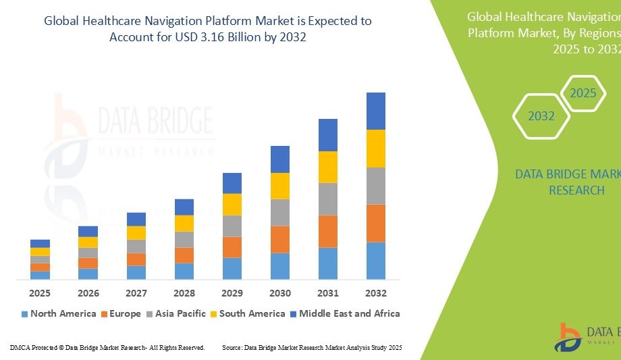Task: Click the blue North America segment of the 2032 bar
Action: [376, 261]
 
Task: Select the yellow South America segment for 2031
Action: [328, 167]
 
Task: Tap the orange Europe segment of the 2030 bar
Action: [280, 239]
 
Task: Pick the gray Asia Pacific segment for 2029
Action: [232, 226]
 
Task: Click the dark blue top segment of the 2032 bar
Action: [376, 111]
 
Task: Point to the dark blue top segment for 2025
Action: [40, 243]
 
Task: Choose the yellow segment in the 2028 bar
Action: [184, 223]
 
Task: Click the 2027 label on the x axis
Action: [136, 293]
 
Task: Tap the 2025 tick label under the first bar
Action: [40, 293]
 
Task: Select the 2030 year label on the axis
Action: [280, 293]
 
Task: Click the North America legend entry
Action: [59, 313]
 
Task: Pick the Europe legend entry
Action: [122, 313]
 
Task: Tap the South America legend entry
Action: [247, 313]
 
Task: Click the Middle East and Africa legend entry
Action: [344, 313]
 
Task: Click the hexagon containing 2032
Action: [541, 116]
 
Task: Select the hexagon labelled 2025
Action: [583, 93]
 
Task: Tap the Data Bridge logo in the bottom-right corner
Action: [568, 338]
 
